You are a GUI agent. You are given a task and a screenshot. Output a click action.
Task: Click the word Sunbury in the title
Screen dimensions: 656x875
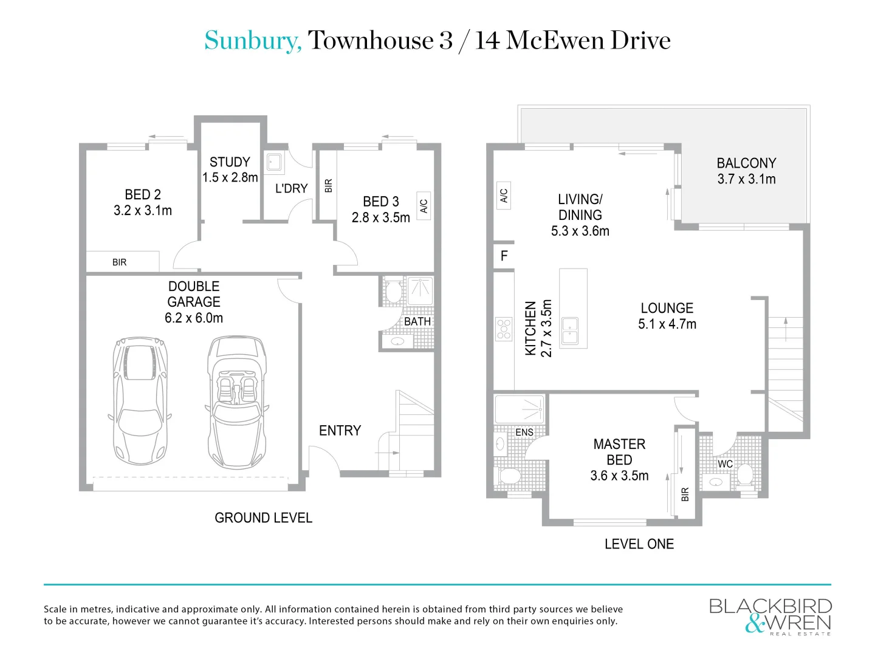point(252,41)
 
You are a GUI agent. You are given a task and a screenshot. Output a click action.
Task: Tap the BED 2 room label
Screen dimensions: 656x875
point(143,195)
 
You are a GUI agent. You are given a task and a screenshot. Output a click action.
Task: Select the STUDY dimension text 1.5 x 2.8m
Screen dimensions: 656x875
point(230,178)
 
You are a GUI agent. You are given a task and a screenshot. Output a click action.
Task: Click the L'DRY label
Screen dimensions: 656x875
point(291,188)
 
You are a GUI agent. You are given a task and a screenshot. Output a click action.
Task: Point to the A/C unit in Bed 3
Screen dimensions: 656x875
point(424,206)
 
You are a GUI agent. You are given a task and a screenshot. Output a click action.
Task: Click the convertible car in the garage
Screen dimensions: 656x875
point(236,402)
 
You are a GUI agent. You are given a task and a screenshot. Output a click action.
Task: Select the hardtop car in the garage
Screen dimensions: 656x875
point(140,401)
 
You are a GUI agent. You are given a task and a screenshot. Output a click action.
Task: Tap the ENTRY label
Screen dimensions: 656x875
point(340,431)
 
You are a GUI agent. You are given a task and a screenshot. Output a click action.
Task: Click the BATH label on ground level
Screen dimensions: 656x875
point(417,321)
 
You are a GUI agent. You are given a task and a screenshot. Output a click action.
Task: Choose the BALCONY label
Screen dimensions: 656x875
point(746,163)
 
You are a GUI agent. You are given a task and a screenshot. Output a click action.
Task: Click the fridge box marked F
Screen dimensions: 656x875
point(504,256)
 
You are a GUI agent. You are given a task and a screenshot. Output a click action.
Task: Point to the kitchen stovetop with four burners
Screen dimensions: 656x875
point(504,329)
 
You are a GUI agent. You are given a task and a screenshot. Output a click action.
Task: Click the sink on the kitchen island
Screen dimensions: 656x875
point(570,330)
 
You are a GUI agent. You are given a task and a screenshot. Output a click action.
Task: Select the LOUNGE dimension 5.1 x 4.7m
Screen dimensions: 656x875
point(667,324)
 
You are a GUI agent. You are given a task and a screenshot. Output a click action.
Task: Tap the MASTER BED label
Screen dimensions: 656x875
point(619,452)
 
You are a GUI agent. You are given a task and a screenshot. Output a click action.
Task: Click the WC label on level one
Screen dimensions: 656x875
point(725,464)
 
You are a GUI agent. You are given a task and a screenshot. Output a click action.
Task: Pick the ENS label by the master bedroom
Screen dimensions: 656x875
point(524,432)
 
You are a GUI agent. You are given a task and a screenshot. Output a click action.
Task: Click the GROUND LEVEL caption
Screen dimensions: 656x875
point(263,518)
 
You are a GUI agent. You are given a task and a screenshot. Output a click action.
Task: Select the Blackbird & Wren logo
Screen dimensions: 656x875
point(770,616)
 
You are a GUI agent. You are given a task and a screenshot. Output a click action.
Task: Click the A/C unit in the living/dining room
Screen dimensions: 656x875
point(504,196)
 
